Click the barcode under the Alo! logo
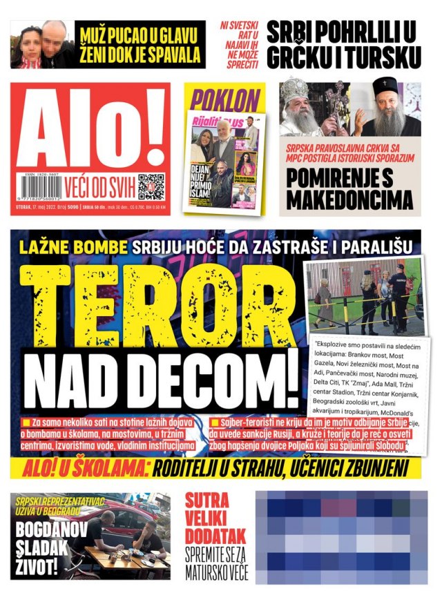[38, 186]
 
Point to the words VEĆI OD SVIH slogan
[100, 184]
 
